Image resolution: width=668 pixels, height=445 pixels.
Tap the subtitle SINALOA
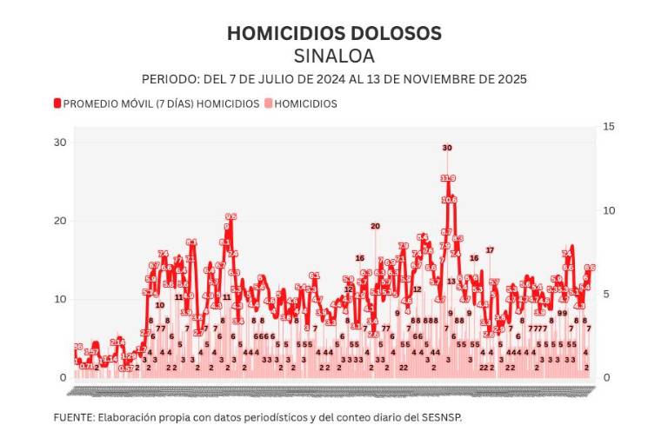point(334,56)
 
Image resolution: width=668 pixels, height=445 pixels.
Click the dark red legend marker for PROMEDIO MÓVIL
point(58,103)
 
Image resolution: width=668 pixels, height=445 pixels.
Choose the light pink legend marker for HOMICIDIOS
point(267,103)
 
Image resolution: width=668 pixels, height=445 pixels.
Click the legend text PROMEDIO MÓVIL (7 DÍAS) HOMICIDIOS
point(162,103)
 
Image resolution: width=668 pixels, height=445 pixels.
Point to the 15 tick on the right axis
point(608,127)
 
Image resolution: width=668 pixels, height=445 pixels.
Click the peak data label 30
point(447,148)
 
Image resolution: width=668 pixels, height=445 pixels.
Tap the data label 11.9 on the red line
point(448,178)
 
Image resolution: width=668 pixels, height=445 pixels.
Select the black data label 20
point(375,226)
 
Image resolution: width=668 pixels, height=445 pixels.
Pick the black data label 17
point(490,250)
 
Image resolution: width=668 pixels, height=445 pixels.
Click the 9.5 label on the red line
point(230,216)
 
